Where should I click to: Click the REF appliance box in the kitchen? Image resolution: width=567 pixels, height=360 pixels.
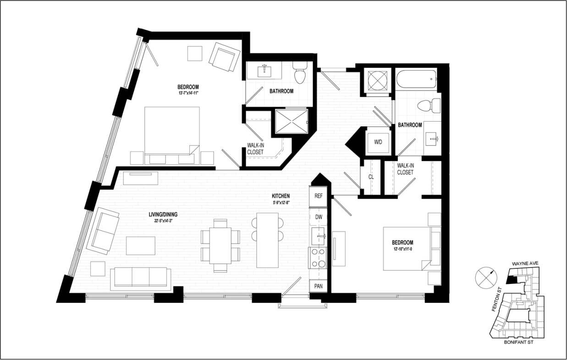[x=319, y=196]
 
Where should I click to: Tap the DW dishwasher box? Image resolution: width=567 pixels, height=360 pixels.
[x=319, y=216]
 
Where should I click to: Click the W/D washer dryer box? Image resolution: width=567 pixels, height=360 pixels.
[x=378, y=142]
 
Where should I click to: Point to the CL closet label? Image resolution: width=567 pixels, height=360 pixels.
[x=371, y=177]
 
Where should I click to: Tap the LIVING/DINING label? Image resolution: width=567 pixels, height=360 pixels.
[x=163, y=214]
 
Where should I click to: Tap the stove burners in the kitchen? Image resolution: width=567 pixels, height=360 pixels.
[x=318, y=258]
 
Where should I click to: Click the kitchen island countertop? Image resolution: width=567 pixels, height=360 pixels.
[x=267, y=240]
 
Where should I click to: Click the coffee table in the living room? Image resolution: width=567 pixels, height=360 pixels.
[x=141, y=245]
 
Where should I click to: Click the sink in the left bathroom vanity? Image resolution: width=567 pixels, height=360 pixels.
[x=264, y=71]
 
